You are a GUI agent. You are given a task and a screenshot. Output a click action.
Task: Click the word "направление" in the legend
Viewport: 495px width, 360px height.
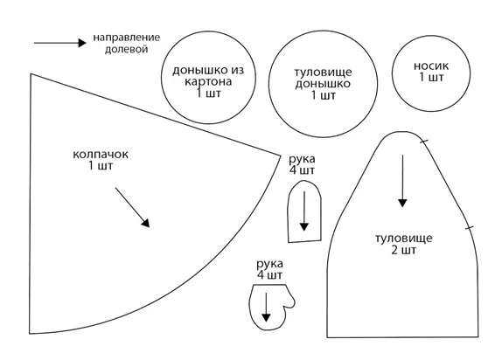126,38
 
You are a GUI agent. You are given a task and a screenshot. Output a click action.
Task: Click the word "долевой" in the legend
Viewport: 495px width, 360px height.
126,49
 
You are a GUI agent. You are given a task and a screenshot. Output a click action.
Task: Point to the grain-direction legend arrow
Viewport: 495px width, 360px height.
60,43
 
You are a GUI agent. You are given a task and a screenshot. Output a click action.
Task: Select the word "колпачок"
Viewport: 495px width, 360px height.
101,155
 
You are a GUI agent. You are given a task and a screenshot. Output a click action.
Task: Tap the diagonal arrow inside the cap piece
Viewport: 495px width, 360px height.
132,207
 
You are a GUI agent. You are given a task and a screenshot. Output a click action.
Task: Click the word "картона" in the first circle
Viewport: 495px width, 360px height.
208,82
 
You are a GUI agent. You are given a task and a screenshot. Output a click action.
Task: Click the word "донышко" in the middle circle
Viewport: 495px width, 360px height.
323,84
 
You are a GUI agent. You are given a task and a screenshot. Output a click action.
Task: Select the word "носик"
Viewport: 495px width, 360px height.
431,66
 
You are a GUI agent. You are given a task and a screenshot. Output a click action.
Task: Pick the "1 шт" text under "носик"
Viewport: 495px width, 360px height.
431,77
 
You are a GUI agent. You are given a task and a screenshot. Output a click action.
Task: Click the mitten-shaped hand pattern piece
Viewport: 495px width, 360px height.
271,307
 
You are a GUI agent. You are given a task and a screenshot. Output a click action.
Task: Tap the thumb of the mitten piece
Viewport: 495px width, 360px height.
290,301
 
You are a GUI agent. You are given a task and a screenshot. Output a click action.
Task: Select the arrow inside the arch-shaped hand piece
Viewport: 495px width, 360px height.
304,211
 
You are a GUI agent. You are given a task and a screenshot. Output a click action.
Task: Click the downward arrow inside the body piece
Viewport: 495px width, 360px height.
402,181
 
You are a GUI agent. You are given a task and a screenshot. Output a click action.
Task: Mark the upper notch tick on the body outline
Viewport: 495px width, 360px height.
424,141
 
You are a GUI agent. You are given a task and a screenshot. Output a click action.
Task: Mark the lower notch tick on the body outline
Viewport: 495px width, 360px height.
470,227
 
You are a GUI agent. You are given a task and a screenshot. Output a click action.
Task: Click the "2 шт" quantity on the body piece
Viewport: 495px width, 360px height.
404,251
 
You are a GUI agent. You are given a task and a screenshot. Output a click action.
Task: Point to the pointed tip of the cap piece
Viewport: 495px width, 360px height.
281,156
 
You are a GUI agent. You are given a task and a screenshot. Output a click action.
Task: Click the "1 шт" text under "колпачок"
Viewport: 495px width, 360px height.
101,166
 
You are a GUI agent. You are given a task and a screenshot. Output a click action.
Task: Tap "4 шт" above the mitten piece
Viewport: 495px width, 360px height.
269,275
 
